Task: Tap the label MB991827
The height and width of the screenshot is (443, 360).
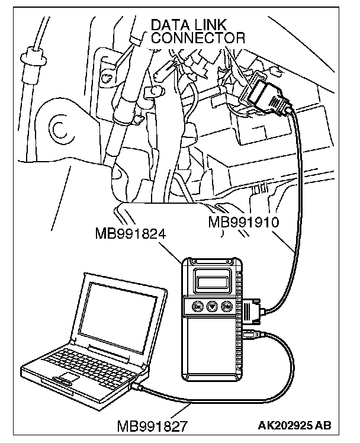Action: pyautogui.click(x=153, y=425)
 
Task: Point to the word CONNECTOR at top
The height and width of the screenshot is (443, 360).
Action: pyautogui.click(x=197, y=38)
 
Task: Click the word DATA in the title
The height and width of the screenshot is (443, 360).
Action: pyautogui.click(x=169, y=25)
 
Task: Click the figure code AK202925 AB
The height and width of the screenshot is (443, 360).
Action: pyautogui.click(x=295, y=425)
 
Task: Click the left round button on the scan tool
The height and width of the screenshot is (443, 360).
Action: pyautogui.click(x=197, y=307)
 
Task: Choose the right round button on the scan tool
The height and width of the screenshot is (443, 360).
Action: pyautogui.click(x=226, y=307)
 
